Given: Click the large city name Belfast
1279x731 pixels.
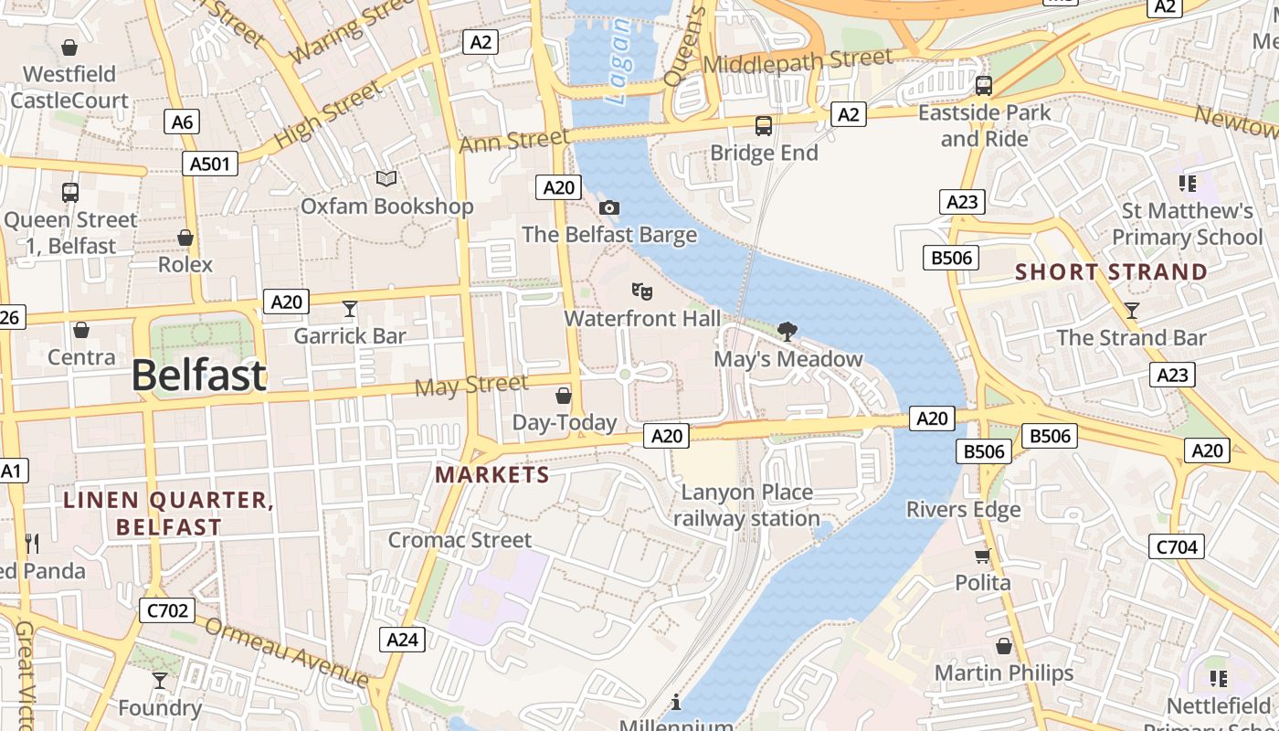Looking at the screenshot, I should tap(199, 375).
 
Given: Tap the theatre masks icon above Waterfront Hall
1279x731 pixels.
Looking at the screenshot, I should tap(642, 291).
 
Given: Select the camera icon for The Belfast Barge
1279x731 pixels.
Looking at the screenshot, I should tap(609, 208).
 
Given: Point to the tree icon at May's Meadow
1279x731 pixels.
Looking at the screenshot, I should tap(787, 332).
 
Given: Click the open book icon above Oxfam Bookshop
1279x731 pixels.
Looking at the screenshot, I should tap(386, 179).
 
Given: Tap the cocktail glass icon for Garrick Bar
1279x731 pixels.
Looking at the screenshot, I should tap(349, 309).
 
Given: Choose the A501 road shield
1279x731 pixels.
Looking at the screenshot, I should tap(210, 164).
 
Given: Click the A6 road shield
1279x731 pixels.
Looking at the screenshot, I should tap(183, 122).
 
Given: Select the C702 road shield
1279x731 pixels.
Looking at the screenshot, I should tap(166, 610).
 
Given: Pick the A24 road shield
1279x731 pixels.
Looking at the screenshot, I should tap(402, 639).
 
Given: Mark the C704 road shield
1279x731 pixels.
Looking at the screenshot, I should tap(1176, 546).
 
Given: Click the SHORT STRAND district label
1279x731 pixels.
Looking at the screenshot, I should tap(1111, 272).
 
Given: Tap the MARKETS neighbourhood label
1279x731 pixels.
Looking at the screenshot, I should tap(492, 475).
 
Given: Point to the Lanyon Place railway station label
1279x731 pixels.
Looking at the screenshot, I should tap(746, 505).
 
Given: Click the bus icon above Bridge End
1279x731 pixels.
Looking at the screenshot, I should tap(764, 126).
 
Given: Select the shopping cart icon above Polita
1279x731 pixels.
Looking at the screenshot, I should tap(983, 556).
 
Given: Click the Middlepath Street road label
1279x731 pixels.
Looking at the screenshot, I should tap(798, 62).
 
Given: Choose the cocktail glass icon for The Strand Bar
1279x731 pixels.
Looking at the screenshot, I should tap(1132, 311).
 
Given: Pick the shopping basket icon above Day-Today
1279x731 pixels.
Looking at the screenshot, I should tap(564, 396).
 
